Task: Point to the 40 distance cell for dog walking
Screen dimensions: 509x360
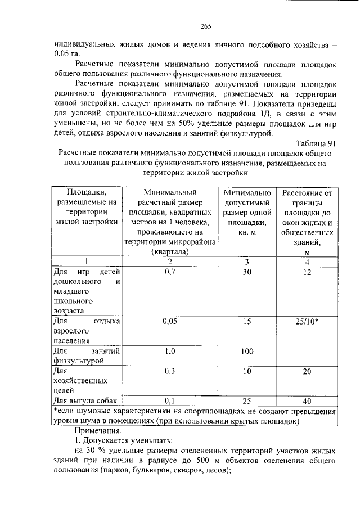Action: click(x=307, y=401)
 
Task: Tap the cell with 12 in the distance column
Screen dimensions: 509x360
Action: click(x=307, y=272)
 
